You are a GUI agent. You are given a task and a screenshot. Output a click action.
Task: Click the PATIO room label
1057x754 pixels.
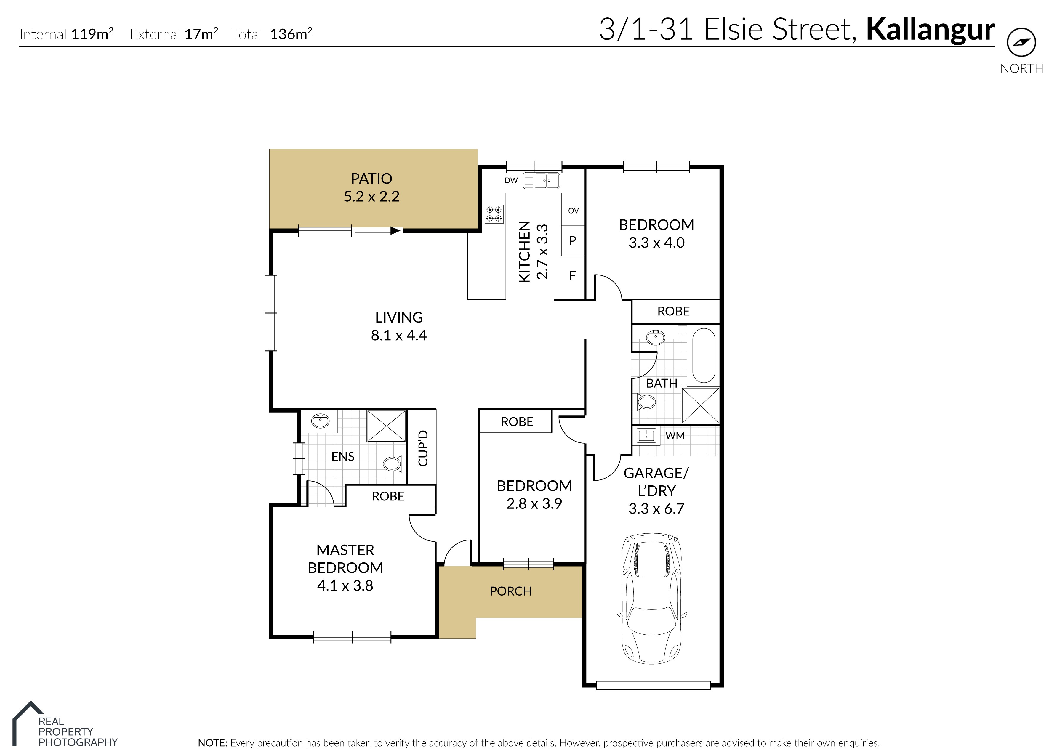click(x=371, y=179)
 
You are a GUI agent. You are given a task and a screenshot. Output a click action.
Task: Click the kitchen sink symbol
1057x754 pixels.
click(x=541, y=181)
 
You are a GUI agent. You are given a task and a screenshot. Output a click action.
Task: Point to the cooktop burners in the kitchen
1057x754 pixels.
click(x=494, y=214)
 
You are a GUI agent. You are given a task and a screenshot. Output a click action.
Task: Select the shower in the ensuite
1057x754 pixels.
click(x=386, y=426)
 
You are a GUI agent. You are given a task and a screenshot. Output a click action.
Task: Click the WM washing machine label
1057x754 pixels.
click(x=675, y=436)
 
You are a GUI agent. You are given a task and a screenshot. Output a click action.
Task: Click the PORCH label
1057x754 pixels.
click(x=510, y=591)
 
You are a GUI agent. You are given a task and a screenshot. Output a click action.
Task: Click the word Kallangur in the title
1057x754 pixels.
click(x=930, y=30)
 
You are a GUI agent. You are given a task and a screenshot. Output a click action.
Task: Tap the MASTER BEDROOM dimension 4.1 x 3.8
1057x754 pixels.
click(x=345, y=586)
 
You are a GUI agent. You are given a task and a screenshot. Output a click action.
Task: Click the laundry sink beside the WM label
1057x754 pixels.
click(x=646, y=436)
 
